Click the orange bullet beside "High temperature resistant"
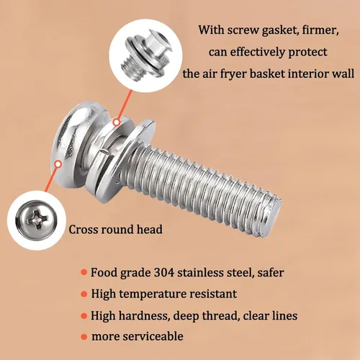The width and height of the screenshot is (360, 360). click(x=84, y=294)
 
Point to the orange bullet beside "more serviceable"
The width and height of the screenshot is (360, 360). click(x=84, y=337)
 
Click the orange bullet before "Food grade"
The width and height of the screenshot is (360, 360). click(x=84, y=272)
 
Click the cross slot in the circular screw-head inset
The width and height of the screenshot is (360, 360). click(x=37, y=220)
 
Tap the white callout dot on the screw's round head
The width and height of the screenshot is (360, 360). click(x=58, y=164)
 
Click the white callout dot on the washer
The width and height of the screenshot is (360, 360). click(x=117, y=122)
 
